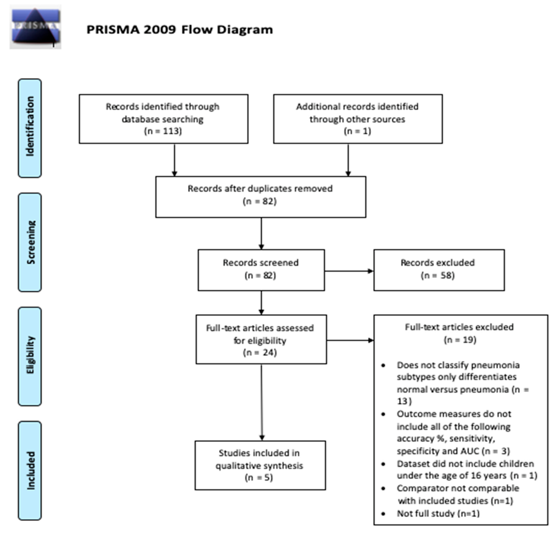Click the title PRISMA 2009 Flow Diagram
[179, 29]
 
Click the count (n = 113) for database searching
[163, 131]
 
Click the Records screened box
[261, 270]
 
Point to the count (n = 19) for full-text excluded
[460, 340]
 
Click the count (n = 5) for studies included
[259, 478]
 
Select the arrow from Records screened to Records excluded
[349, 271]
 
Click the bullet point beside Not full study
[383, 514]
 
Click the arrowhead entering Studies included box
[262, 438]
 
